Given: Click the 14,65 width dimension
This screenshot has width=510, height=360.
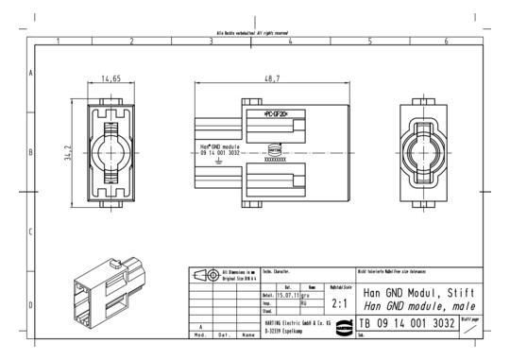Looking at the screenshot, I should pos(111,79).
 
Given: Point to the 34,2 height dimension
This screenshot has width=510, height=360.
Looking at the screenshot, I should pos(66,151).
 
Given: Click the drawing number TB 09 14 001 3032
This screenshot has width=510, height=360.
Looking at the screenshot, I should pos(407,324).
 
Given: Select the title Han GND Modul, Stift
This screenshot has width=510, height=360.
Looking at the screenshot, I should pos(414,293).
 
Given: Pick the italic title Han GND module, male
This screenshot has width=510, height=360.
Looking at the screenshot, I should pos(414,306).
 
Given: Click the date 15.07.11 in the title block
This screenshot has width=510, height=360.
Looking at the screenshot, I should pos(288,295).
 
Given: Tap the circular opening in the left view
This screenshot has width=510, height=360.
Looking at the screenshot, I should pos(111,151).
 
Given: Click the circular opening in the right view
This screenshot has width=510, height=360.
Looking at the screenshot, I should pos(427,151).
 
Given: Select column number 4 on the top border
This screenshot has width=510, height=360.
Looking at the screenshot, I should pos(291,42).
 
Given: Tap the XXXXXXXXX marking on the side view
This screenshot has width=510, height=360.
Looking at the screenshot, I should pos(276,161).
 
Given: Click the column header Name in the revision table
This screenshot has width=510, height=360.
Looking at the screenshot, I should pos(248,334).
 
